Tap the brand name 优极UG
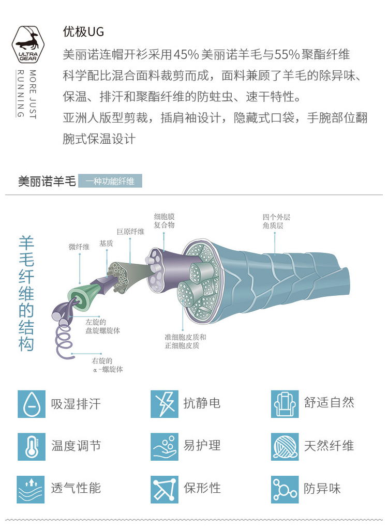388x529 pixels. coord(83,32)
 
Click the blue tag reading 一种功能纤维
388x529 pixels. coord(110,182)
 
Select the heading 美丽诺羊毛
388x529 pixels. coord(47,182)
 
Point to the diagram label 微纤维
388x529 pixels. coord(79,247)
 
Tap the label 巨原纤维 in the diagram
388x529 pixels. coord(130,232)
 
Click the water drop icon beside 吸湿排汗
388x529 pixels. coord(31,404)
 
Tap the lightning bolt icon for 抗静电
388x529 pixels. coord(165,404)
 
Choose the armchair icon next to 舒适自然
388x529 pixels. coord(285,404)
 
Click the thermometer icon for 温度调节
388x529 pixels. coord(31,446)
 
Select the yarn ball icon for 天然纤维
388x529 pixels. coord(285,446)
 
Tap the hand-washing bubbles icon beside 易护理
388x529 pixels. coord(165,446)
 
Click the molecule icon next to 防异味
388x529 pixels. coord(285,489)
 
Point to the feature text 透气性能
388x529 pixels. coord(76,488)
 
